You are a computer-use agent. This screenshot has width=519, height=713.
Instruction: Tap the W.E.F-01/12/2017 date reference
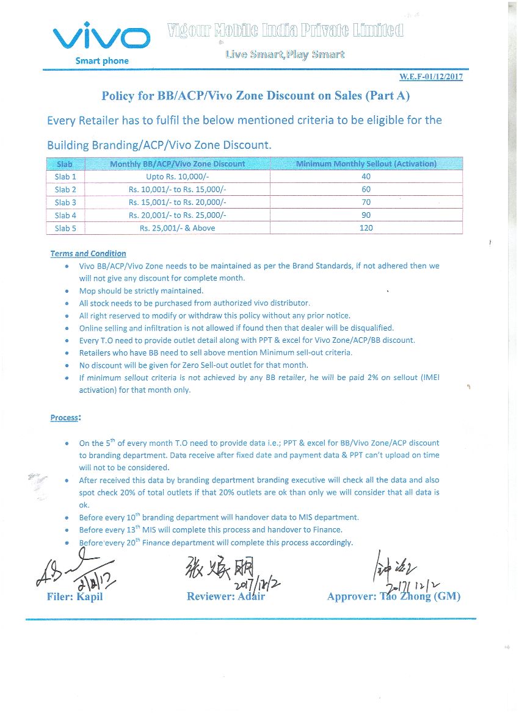point(430,77)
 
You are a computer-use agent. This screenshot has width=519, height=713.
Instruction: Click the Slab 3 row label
point(65,202)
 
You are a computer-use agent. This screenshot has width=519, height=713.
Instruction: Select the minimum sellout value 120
point(366,228)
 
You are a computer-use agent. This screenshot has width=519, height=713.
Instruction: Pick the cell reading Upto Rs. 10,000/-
point(177,177)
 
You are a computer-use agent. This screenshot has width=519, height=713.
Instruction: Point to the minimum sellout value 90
point(366,215)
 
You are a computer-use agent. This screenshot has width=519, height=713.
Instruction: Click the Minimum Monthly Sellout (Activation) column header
point(366,164)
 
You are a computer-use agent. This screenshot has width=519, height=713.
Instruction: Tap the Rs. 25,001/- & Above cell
point(177,228)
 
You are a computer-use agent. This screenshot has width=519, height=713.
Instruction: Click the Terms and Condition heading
point(88,254)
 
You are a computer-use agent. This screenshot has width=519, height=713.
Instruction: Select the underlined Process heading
point(65,418)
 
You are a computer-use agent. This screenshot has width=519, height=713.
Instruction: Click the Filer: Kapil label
point(74,597)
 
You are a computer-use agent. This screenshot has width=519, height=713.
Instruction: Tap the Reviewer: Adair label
point(226,597)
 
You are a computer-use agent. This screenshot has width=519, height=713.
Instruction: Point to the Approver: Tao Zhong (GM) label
point(394,597)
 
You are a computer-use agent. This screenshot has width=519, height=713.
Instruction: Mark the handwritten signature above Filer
point(70,570)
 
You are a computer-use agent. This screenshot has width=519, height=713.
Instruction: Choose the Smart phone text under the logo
point(102,61)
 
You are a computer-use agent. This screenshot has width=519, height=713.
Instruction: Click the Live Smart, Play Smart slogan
point(285,55)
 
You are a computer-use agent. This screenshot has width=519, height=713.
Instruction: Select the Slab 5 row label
point(65,228)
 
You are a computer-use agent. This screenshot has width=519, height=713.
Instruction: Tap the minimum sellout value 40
point(366,177)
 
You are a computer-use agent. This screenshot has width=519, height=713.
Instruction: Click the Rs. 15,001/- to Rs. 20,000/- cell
point(177,202)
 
